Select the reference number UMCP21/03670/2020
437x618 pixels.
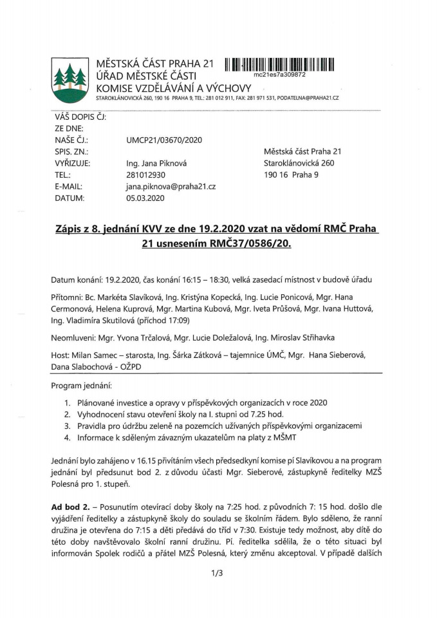pos(164,140)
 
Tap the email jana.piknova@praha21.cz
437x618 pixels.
pos(171,186)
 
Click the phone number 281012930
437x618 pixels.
pos(146,174)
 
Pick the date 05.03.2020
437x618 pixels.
pos(145,198)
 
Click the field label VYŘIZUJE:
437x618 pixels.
pos(73,163)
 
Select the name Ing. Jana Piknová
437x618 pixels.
pos(157,163)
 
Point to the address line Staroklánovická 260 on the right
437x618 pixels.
pos(299,163)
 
